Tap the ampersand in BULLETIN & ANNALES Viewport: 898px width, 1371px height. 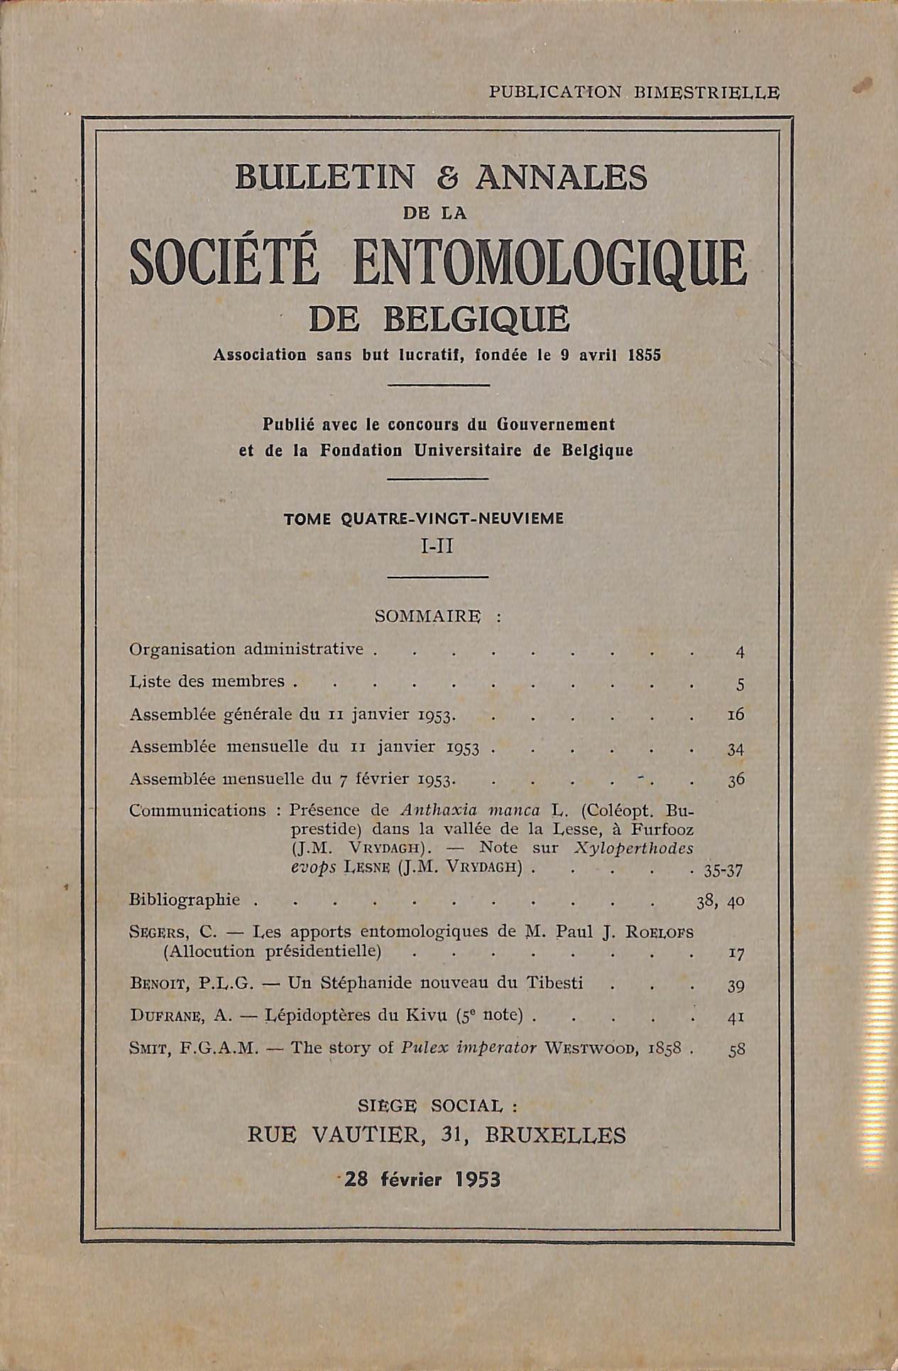pyautogui.click(x=445, y=177)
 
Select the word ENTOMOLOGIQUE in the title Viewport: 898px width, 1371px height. pyautogui.click(x=547, y=265)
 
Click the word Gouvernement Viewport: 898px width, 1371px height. pyautogui.click(x=556, y=424)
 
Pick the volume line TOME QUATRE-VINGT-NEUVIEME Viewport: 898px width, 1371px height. pyautogui.click(x=424, y=519)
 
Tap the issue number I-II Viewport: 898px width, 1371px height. pyautogui.click(x=437, y=546)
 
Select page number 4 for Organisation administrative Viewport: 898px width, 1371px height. pyautogui.click(x=740, y=652)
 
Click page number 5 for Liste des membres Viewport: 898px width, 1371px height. pyautogui.click(x=740, y=684)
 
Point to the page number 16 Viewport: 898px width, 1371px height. pyautogui.click(x=735, y=715)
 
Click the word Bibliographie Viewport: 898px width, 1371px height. pyautogui.click(x=185, y=899)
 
